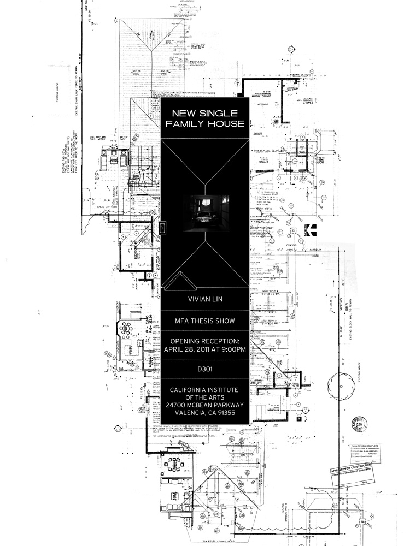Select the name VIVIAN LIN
coord(205,299)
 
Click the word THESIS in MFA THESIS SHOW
coord(206,322)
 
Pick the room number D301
coord(205,369)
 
